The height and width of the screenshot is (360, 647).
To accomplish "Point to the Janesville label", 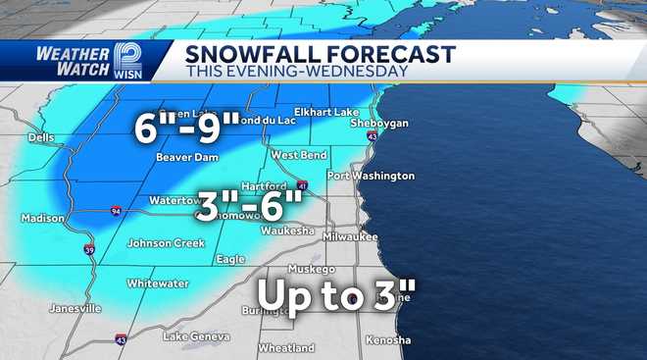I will click(75, 308).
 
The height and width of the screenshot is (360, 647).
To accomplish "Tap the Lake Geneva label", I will click(191, 337).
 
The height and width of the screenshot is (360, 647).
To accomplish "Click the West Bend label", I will click(299, 155).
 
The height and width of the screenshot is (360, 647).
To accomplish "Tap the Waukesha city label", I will click(287, 231).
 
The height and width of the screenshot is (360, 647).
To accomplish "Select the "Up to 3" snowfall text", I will click(337, 295).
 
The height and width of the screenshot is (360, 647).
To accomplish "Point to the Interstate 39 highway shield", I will click(89, 249).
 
